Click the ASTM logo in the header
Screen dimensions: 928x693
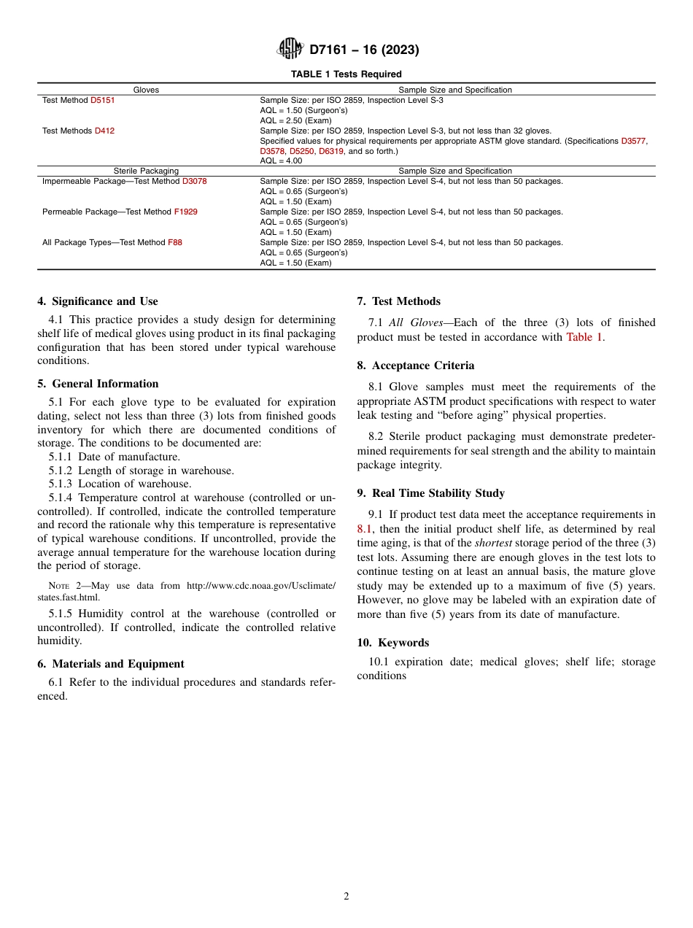pos(290,50)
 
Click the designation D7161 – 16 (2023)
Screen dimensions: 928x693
pos(364,50)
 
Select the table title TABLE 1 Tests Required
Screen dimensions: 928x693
pos(346,74)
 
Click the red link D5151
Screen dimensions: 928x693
pos(102,101)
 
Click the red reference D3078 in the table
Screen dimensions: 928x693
pos(194,182)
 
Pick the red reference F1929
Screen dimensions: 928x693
pos(185,212)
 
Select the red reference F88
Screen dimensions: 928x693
pos(175,243)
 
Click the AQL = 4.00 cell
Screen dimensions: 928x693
pos(281,161)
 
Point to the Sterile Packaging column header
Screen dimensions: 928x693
pos(146,171)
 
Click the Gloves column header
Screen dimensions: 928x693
pos(146,90)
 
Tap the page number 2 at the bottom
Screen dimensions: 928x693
pos(346,897)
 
